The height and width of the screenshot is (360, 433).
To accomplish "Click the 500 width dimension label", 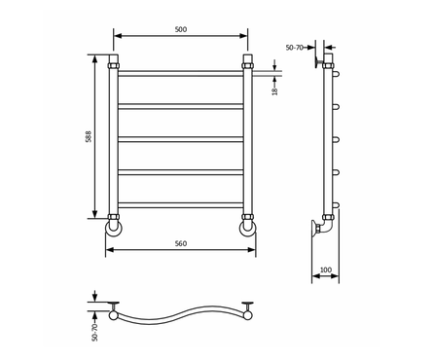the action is pyautogui.click(x=181, y=29).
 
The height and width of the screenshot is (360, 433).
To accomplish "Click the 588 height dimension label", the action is pyautogui.click(x=89, y=136).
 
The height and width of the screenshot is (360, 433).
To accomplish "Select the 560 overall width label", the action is pyautogui.click(x=181, y=243).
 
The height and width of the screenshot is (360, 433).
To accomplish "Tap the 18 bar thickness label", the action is pyautogui.click(x=275, y=91).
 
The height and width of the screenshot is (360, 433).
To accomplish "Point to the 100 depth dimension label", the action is pyautogui.click(x=326, y=270).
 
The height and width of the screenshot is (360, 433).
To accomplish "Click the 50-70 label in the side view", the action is pyautogui.click(x=295, y=48).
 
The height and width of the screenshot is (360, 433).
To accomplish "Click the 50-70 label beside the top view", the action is pyautogui.click(x=94, y=333).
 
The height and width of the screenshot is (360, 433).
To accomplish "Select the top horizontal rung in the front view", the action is pyautogui.click(x=181, y=73).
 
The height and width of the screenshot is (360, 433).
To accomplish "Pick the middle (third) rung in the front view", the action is pyautogui.click(x=181, y=139).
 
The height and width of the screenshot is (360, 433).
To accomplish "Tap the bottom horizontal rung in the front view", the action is pyautogui.click(x=181, y=205).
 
